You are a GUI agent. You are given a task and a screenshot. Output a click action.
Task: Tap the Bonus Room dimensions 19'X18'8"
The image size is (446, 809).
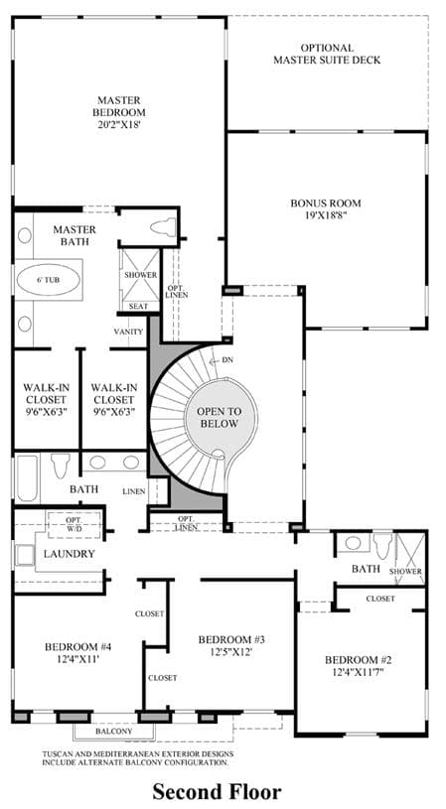coord(325,215)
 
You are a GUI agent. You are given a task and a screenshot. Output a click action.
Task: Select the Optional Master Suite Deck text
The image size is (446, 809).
coord(327,55)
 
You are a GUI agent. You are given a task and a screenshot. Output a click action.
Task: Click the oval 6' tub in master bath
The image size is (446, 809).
coord(49,280)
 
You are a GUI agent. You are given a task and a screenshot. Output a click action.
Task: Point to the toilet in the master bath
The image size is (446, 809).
coord(163,227)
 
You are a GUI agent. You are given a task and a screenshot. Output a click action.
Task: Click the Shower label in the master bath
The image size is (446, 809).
coord(140,275)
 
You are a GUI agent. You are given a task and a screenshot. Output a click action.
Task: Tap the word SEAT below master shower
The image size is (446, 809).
coord(138,307)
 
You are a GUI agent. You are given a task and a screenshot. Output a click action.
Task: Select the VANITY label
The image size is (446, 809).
coord(128,332)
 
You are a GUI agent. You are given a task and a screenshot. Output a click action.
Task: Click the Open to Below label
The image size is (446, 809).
coord(219,417)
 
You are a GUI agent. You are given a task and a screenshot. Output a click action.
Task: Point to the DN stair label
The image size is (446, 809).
coord(227,360)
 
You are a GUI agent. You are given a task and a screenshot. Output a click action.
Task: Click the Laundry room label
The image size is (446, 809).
coord(70,554)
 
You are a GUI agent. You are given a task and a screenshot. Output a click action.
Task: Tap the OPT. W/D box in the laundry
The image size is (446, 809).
coord(74,523)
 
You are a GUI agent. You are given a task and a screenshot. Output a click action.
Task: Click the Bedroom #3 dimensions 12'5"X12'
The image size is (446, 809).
coord(231,651)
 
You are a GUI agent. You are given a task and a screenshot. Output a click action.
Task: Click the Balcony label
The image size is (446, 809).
coord(113,732)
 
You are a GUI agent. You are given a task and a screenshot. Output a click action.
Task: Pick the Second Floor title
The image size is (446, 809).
coord(217,791)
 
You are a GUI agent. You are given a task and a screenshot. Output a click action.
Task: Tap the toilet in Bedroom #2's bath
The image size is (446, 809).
coord(382,546)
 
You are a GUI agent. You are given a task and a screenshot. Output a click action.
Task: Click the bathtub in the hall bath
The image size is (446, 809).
coord(28,477)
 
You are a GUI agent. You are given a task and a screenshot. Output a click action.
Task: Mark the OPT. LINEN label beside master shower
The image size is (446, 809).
coord(177,291)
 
